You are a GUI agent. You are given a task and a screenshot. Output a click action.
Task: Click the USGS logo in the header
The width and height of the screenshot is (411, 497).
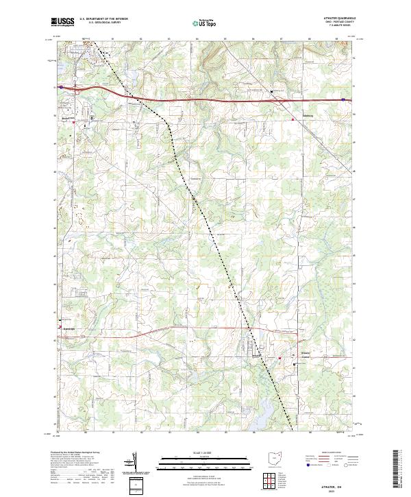click(x=62, y=23)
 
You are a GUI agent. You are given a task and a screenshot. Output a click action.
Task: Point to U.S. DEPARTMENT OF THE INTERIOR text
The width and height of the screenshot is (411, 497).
click(x=103, y=19)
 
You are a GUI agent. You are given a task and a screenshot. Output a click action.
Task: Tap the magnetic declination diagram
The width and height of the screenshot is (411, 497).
click(x=134, y=463)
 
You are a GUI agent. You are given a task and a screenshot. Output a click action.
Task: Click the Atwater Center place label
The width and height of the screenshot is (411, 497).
click(x=306, y=354)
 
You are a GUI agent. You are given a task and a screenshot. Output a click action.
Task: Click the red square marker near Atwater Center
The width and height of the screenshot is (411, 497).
click(x=279, y=359)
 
